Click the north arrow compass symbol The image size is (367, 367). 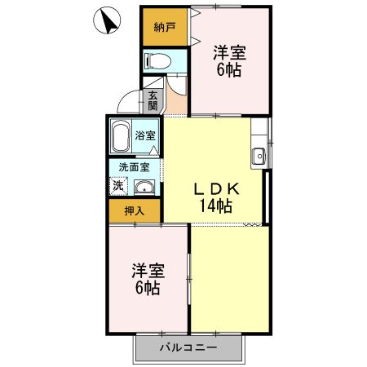[105, 21]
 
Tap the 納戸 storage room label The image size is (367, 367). [165, 27]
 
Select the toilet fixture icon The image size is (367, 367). [156, 60]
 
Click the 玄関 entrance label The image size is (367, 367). [153, 100]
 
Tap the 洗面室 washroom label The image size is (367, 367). [134, 167]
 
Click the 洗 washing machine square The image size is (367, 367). [118, 187]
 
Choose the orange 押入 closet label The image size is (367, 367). [134, 210]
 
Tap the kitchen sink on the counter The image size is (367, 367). [259, 155]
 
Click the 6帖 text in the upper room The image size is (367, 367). [228, 71]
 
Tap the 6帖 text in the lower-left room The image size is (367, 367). [148, 289]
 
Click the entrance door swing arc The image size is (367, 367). [129, 102]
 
